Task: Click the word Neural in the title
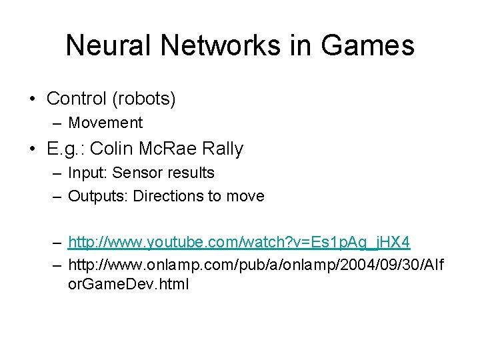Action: click(x=109, y=45)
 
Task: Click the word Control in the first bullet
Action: click(x=76, y=99)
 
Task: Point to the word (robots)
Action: click(x=144, y=99)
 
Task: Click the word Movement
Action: click(x=105, y=123)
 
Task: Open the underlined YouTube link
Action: click(x=239, y=241)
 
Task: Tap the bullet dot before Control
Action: click(x=33, y=99)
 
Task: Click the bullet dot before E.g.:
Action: click(x=33, y=149)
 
